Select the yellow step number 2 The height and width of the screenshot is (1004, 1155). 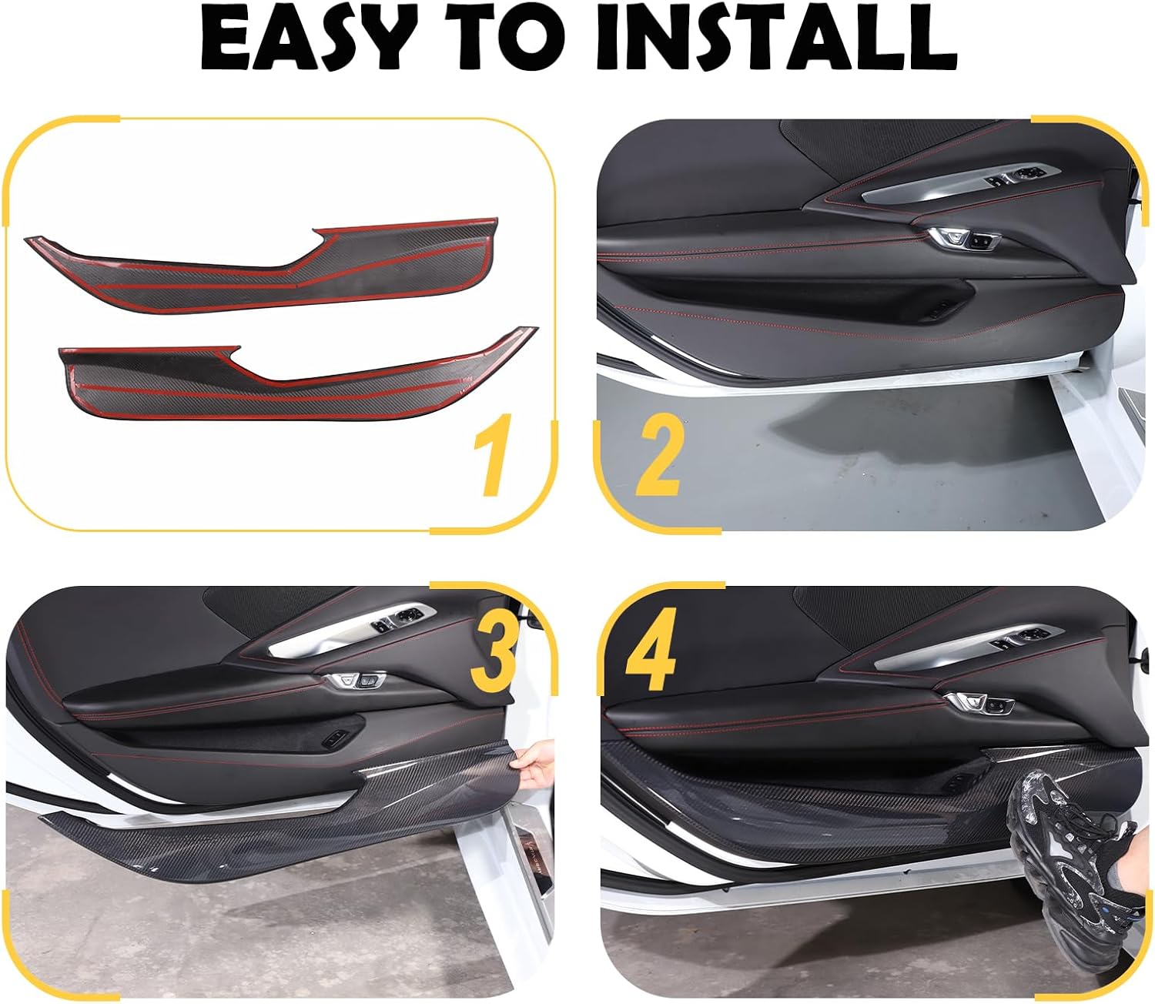pos(659,460)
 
